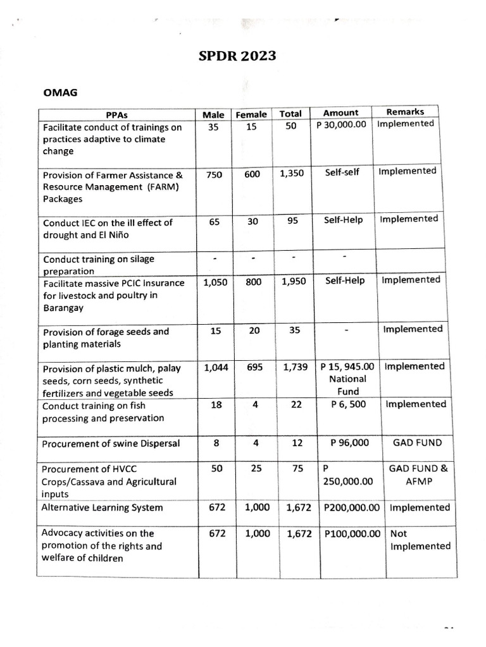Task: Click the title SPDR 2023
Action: [237, 56]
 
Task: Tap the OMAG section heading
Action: [60, 92]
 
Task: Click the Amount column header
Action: [340, 112]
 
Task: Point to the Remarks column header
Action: [405, 112]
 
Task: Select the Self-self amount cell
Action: [342, 172]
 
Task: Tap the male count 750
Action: [214, 174]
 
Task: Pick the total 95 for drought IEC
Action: [292, 221]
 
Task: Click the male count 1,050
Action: [215, 282]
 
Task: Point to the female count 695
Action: [254, 367]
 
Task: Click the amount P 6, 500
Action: [348, 404]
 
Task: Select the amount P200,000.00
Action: [351, 507]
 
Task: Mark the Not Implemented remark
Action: [420, 540]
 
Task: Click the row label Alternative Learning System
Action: [102, 507]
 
